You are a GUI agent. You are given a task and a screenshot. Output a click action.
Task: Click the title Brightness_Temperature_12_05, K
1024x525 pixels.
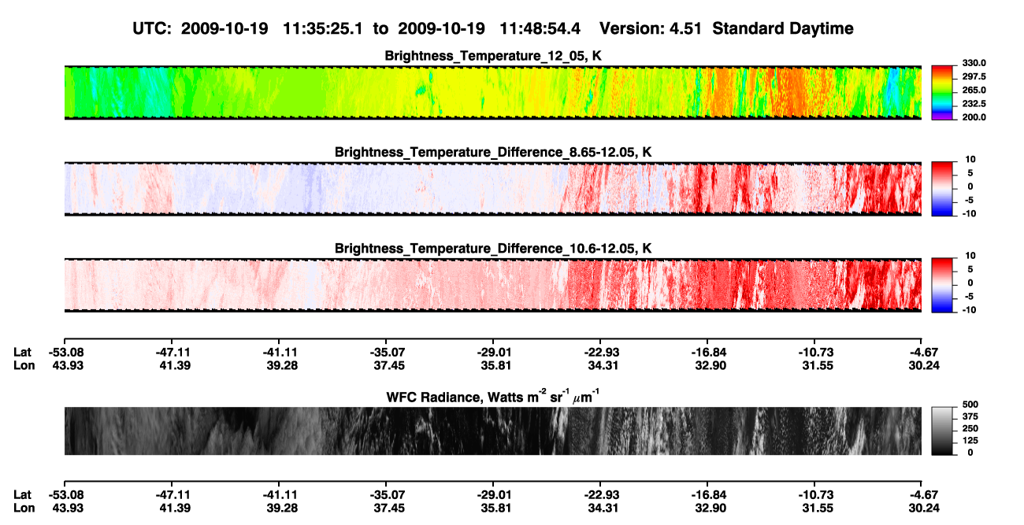click(x=493, y=56)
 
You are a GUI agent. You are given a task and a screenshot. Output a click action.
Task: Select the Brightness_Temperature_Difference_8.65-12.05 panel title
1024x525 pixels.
click(x=493, y=152)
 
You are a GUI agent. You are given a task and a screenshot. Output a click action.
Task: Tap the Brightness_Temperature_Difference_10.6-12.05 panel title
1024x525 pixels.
click(x=493, y=249)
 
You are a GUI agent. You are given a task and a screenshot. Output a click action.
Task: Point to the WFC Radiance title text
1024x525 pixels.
click(x=493, y=397)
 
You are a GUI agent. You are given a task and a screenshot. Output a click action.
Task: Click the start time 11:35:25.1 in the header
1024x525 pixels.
click(x=323, y=29)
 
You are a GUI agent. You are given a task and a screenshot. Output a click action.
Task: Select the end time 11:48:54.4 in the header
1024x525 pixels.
click(x=540, y=29)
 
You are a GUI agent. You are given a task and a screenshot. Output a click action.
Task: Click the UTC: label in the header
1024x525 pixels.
click(x=152, y=29)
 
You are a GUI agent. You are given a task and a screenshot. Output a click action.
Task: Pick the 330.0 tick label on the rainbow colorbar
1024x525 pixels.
click(x=974, y=63)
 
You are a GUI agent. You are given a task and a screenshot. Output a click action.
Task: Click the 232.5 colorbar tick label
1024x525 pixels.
click(x=974, y=104)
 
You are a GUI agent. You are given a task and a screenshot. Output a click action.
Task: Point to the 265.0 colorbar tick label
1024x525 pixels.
click(x=974, y=90)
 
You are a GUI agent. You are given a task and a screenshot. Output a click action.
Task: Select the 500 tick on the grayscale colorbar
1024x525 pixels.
click(x=970, y=405)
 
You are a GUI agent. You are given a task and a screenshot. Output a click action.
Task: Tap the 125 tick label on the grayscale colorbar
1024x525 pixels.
click(x=970, y=441)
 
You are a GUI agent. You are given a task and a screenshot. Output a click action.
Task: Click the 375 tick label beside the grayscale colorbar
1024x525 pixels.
click(x=970, y=416)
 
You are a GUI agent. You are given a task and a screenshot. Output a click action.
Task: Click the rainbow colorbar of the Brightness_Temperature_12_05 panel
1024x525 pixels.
click(x=942, y=93)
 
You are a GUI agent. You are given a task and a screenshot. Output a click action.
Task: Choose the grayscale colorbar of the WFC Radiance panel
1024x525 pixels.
click(x=942, y=431)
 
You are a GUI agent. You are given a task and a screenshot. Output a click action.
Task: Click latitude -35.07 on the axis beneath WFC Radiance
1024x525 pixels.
click(x=386, y=495)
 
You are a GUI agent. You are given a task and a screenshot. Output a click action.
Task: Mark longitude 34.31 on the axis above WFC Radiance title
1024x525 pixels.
click(x=603, y=365)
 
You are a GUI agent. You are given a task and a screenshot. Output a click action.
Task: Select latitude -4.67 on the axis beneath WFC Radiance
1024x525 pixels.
click(x=923, y=495)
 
